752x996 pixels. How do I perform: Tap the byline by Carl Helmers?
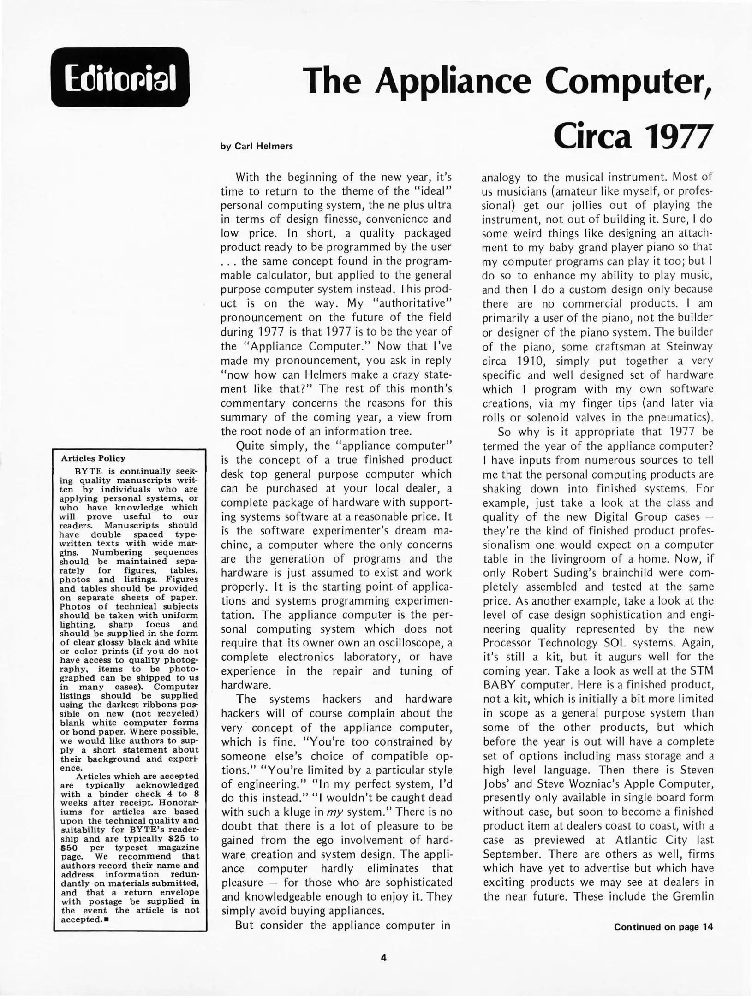257,147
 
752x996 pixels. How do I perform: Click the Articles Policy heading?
93,458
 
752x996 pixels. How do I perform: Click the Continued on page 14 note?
663,927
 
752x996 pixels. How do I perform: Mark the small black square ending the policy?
106,919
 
